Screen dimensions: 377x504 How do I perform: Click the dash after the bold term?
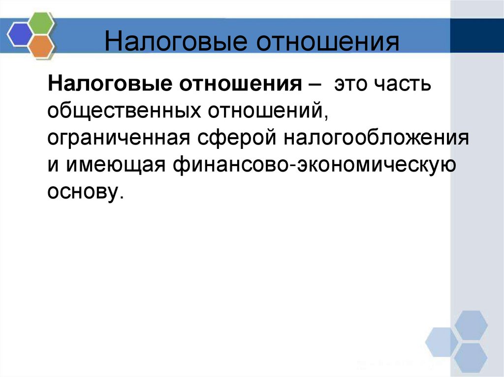pos(314,84)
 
